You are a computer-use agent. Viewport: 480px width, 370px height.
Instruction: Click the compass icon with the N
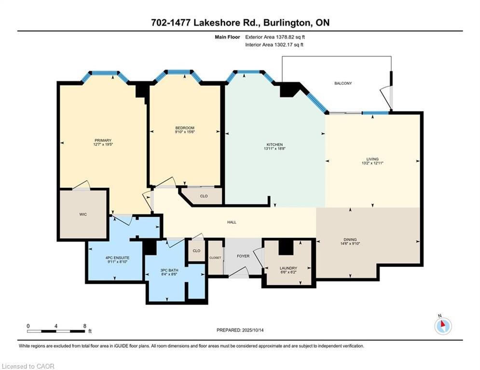coord(442,326)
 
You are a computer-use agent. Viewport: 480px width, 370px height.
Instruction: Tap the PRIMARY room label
coord(103,141)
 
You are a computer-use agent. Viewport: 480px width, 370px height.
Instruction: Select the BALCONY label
coord(343,83)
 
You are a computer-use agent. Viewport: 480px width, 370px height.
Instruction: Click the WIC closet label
coord(82,214)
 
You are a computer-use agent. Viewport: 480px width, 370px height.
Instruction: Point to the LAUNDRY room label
coord(288,268)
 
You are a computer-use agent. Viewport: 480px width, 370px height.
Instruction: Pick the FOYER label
coord(243,256)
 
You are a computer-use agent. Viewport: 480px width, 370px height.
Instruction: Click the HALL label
coord(232,222)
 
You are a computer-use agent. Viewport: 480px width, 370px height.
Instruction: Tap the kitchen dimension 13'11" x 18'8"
coord(275,149)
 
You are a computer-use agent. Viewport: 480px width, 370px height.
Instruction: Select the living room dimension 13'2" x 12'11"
coord(372,163)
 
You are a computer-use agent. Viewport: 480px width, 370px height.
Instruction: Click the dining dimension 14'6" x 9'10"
coord(364,243)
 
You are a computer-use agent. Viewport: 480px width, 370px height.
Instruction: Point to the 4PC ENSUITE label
coord(115,258)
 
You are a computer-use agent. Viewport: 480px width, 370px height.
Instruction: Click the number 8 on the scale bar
coord(84,326)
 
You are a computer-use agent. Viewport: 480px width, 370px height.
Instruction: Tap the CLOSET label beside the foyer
coord(215,258)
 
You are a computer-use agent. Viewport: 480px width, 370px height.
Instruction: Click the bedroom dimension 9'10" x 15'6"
coord(185,132)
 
